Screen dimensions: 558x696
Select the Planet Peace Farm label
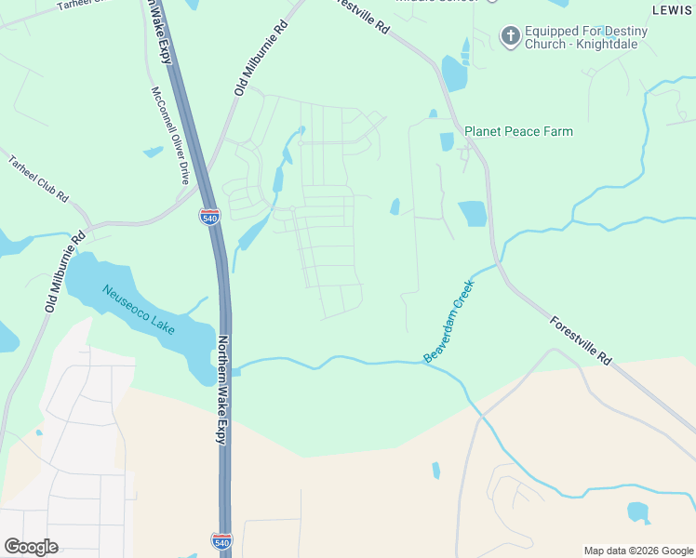coord(518,131)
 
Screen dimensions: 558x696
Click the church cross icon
coord(509,36)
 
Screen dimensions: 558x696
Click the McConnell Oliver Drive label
coord(169,136)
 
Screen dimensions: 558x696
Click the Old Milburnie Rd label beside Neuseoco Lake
coord(65,271)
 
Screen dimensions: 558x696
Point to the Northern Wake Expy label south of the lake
coord(222,390)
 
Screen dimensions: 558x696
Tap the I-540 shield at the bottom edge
coord(223,541)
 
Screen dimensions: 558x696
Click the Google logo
coord(31,546)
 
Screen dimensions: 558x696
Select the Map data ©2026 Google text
coord(637,551)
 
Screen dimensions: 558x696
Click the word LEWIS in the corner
coord(674,10)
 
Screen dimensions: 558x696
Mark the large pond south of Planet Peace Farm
coord(473,213)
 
